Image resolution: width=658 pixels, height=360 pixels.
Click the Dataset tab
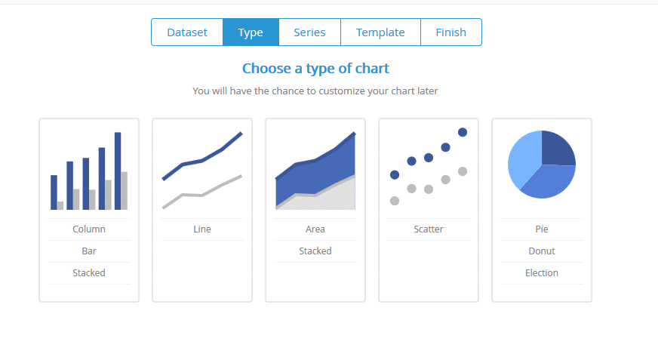[x=187, y=32]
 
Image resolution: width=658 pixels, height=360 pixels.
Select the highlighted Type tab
[x=251, y=32]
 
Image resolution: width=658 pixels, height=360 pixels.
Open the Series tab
[x=309, y=32]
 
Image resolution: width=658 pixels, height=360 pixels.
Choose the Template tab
[x=380, y=32]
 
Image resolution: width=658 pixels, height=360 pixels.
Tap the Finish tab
[x=451, y=32]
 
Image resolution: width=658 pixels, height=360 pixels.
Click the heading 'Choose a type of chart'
[x=315, y=69]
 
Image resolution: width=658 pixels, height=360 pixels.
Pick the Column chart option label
[x=89, y=229]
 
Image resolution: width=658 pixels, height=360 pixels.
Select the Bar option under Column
[x=89, y=251]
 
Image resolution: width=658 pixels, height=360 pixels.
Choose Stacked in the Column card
[x=89, y=272]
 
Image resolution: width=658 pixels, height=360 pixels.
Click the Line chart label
[x=202, y=229]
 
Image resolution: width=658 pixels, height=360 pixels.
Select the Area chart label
[x=315, y=229]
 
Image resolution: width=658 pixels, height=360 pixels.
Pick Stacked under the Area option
[x=315, y=251]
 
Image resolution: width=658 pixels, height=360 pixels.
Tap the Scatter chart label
[x=429, y=229]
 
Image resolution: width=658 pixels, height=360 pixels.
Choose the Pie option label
[x=542, y=229]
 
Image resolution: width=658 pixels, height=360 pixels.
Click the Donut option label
[x=542, y=251]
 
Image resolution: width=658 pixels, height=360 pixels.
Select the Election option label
[x=542, y=272]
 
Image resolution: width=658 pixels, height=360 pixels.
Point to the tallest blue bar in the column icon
[x=118, y=171]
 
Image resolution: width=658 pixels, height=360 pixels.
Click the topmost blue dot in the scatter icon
[x=463, y=133]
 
